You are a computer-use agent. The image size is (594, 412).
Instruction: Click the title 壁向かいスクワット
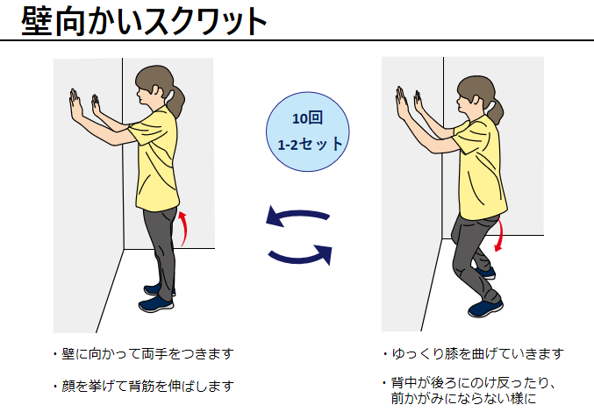coord(145,21)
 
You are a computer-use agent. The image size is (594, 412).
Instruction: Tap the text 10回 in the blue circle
coord(307,118)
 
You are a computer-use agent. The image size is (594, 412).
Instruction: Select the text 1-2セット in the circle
coord(311,144)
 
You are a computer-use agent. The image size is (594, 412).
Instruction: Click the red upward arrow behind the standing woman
coord(183,229)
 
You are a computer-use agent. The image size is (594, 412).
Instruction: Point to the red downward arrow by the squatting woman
coord(500,235)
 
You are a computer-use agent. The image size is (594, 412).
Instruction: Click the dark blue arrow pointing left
coord(297,217)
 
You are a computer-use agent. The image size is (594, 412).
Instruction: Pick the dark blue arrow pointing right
coord(301,254)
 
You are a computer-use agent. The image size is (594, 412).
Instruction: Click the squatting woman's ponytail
coord(496,110)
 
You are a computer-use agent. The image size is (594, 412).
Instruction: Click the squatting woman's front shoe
coord(485,309)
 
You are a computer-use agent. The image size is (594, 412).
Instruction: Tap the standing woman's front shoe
coord(156,304)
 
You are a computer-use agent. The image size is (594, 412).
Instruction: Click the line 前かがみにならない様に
coord(463,398)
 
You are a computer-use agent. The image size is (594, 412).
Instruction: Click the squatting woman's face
coord(463,103)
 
